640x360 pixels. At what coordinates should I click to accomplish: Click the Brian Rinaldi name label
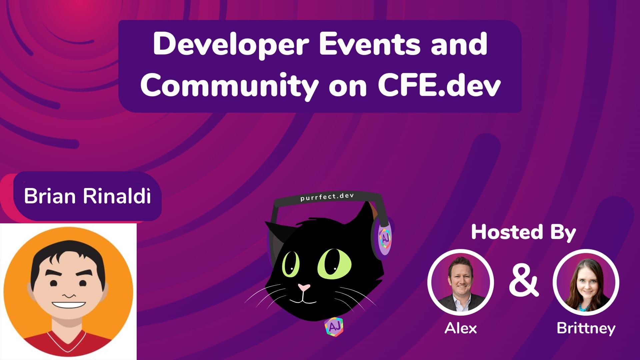tap(87, 196)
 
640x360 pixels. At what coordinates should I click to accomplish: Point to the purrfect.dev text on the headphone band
tap(327, 197)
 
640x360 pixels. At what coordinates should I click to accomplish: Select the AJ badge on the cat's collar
tap(334, 327)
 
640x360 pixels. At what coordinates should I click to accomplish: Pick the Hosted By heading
tap(523, 232)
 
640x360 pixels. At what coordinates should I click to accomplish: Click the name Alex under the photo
tap(461, 328)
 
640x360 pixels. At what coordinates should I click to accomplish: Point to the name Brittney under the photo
tap(586, 328)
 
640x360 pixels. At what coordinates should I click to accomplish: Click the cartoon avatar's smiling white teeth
tap(69, 305)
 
